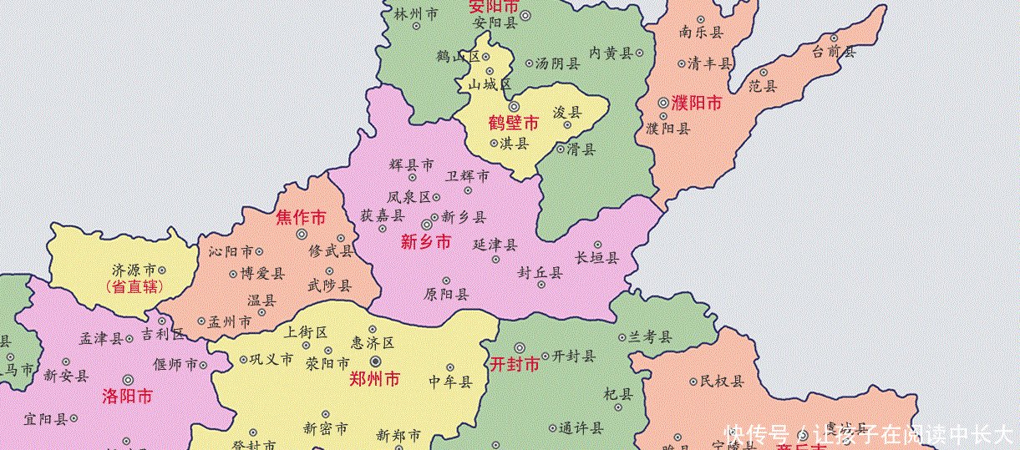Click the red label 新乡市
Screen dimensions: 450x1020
pyautogui.click(x=425, y=242)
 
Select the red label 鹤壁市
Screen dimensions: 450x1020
pyautogui.click(x=513, y=124)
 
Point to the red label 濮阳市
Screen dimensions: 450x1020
pyautogui.click(x=696, y=104)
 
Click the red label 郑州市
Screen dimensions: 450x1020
pyautogui.click(x=374, y=378)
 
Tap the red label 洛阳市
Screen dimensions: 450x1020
pyautogui.click(x=127, y=396)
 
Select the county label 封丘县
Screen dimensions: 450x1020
pyautogui.click(x=539, y=272)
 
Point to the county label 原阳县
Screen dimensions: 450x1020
pyautogui.click(x=446, y=294)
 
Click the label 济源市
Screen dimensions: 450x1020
pyautogui.click(x=134, y=271)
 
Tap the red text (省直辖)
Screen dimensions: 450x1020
pyautogui.click(x=134, y=286)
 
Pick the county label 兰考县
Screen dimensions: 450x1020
pyautogui.click(x=651, y=337)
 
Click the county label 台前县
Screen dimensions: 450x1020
pyautogui.click(x=834, y=52)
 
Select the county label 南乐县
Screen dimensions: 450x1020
pyautogui.click(x=701, y=33)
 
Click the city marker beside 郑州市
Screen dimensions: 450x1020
pyautogui.click(x=375, y=361)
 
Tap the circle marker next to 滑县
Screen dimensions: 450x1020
pyautogui.click(x=561, y=149)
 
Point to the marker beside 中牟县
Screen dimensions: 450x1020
pyautogui.click(x=450, y=367)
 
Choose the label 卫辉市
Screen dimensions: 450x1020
pyautogui.click(x=467, y=176)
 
